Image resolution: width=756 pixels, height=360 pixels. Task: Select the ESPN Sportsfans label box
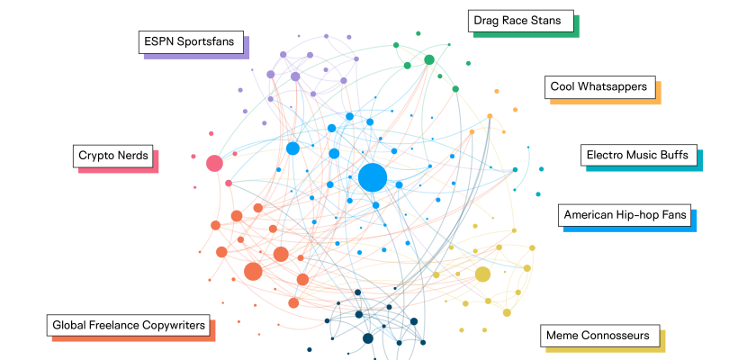[193, 42]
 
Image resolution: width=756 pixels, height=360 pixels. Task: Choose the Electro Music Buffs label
[637, 155]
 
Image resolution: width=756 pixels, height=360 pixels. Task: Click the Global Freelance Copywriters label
[129, 325]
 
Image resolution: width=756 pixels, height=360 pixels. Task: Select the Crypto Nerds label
[113, 155]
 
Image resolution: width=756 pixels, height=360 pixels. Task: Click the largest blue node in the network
[372, 177]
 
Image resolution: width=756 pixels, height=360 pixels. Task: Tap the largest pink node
[214, 163]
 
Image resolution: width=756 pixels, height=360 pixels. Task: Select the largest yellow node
[482, 274]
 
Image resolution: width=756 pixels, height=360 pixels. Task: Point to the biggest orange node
[253, 271]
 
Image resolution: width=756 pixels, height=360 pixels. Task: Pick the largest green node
[429, 59]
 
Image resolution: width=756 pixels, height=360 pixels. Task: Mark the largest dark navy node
[368, 338]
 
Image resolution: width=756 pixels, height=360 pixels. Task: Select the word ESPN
[158, 42]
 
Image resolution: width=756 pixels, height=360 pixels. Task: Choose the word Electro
[607, 155]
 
